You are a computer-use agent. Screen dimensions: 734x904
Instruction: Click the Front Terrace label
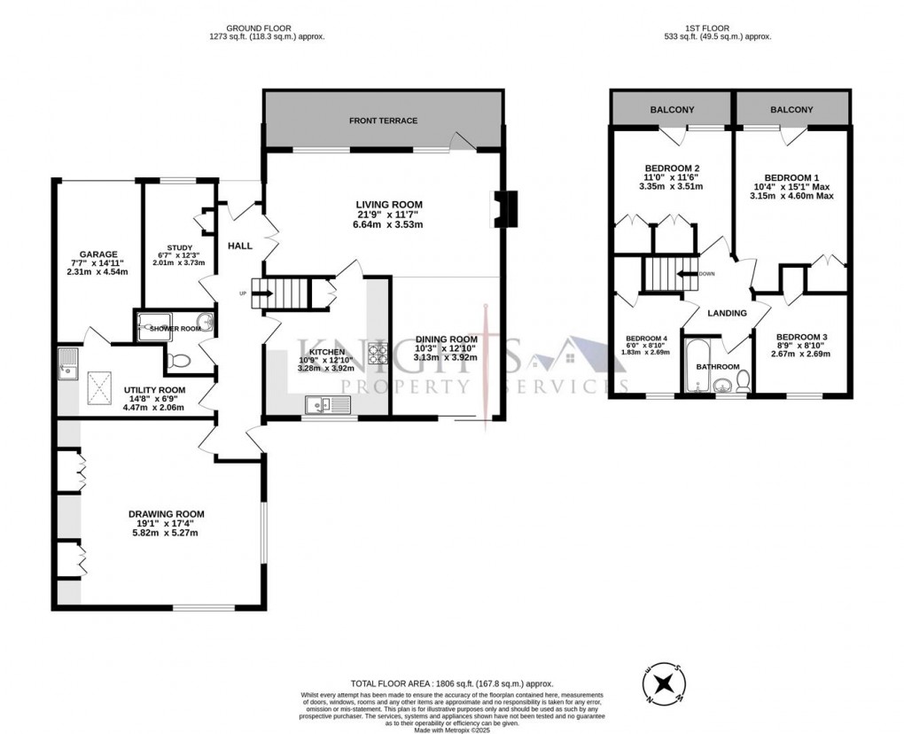[x=383, y=121]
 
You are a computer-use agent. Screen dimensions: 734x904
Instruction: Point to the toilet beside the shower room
[x=178, y=362]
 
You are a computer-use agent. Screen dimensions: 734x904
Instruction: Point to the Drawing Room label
[x=166, y=514]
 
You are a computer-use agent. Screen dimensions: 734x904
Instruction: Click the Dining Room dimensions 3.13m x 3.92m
[x=447, y=357]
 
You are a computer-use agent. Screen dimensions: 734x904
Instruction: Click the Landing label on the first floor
[x=726, y=314]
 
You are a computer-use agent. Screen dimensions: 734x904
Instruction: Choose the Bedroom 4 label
[x=645, y=339]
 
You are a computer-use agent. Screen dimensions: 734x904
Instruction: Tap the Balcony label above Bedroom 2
[x=672, y=110]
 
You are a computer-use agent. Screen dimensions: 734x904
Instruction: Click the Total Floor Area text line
[x=452, y=683]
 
